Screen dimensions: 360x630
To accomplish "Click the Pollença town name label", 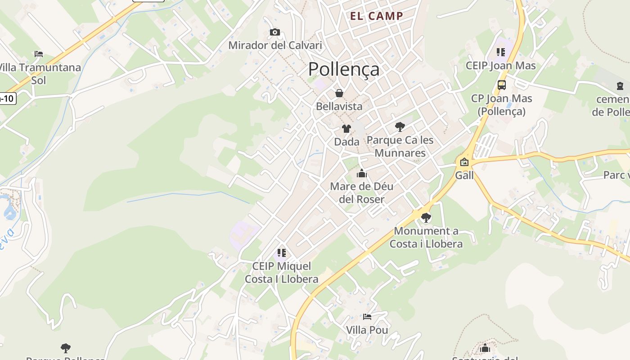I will coord(344,69).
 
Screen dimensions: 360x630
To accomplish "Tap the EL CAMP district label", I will coord(377,16).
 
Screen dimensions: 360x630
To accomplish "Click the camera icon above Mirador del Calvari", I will coord(275,32).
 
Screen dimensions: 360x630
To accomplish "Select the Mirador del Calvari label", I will coord(275,45).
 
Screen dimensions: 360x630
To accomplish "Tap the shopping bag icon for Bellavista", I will coord(339,93).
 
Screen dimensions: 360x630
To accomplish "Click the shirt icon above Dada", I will coord(346,129).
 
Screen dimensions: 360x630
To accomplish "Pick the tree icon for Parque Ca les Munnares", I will coord(400,126).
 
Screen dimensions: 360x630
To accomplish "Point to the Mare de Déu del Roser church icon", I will coord(362,173).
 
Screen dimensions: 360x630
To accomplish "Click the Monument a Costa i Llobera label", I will coord(426,238).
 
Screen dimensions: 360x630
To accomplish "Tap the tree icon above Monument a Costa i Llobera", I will coord(426,218).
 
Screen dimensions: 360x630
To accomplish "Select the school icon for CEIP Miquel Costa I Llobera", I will coord(282,253).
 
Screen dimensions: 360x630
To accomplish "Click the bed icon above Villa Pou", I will coord(367,317).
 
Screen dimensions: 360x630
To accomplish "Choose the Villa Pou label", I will coord(367,330).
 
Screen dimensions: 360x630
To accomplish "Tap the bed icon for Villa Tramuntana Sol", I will coord(39,54).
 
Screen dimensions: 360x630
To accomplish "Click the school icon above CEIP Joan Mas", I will coord(501,53).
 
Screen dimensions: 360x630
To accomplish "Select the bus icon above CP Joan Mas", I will coord(501,85).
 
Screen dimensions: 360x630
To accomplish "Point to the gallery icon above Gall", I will coord(464,162).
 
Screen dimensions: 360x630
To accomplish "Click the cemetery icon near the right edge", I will coord(620,86).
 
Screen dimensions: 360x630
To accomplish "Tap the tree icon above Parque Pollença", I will coord(66,348).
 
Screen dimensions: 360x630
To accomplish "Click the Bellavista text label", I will coord(339,106).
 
